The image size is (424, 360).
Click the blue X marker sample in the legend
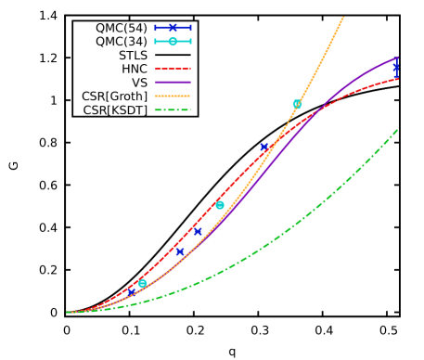pyautogui.click(x=173, y=28)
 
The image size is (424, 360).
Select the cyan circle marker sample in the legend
pyautogui.click(x=173, y=42)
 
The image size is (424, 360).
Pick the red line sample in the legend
pyautogui.click(x=173, y=69)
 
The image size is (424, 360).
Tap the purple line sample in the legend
pyautogui.click(x=173, y=83)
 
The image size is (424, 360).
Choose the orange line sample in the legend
pyautogui.click(x=173, y=96)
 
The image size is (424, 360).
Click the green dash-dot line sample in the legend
pyautogui.click(x=173, y=109)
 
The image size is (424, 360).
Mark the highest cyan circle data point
pyautogui.click(x=297, y=104)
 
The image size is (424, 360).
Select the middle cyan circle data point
pyautogui.click(x=220, y=205)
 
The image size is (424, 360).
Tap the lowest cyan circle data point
pyautogui.click(x=143, y=284)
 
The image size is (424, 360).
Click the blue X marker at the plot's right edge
pyautogui.click(x=396, y=68)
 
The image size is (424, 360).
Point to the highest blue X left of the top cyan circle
pyautogui.click(x=264, y=147)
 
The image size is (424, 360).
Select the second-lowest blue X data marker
pyautogui.click(x=180, y=251)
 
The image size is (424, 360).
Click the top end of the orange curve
pyautogui.click(x=343, y=17)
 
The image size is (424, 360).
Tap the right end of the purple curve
pyautogui.click(x=398, y=58)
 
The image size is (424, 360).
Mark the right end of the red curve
pyautogui.click(x=398, y=79)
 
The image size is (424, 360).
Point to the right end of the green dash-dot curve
pyautogui.click(x=398, y=129)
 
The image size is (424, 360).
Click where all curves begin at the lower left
pyautogui.click(x=68, y=313)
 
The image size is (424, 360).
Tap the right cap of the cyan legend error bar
pyautogui.click(x=190, y=42)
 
